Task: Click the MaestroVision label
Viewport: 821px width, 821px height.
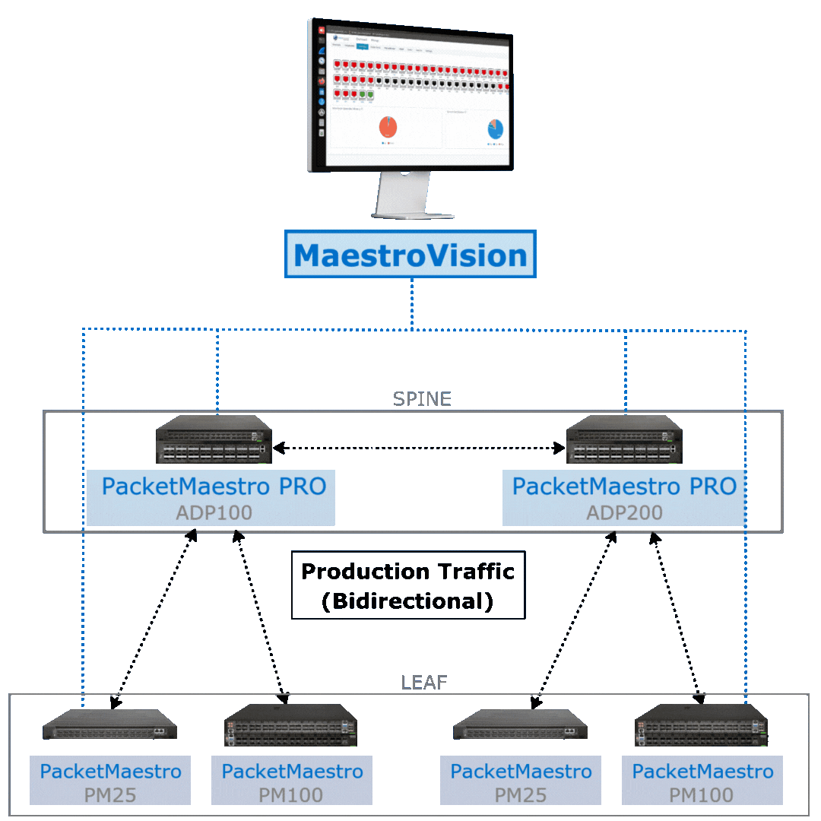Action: (x=410, y=255)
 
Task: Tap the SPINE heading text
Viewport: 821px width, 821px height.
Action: (x=421, y=399)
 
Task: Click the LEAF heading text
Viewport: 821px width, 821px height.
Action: (x=423, y=683)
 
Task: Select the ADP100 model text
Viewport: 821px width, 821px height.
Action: (x=214, y=512)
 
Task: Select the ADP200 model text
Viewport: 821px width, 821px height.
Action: (x=624, y=512)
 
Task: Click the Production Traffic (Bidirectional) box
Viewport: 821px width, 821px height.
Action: (x=408, y=585)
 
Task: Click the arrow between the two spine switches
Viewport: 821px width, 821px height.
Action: (x=419, y=449)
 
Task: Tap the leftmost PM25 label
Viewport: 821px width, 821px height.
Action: (x=110, y=795)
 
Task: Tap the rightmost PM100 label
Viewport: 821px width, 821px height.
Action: (x=702, y=795)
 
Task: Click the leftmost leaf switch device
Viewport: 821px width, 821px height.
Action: (x=109, y=725)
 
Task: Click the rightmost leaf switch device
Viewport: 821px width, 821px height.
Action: (x=702, y=725)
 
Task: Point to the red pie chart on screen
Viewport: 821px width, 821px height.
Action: (x=388, y=127)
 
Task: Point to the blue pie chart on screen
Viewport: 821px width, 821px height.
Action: (x=496, y=129)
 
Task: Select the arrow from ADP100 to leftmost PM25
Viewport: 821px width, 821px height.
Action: (x=151, y=617)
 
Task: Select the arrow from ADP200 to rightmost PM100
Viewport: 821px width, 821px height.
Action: (x=675, y=617)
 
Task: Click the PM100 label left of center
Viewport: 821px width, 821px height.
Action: (x=292, y=795)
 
